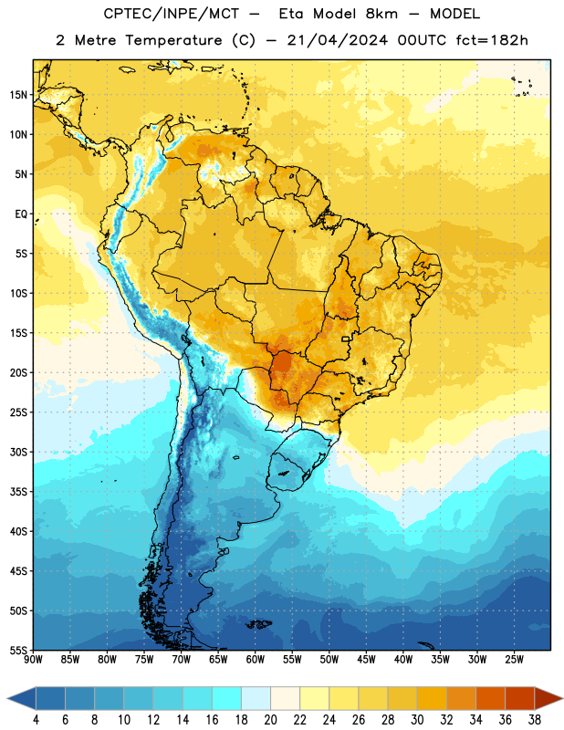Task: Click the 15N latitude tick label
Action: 18,95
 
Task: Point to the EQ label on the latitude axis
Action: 21,214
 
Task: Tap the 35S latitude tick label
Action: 19,492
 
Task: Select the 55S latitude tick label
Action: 19,651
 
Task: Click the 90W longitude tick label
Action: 34,660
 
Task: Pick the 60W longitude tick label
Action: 256,660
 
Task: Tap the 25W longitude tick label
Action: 514,660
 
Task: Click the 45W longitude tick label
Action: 366,660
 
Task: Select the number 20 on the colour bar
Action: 270,720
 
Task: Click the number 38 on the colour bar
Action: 535,720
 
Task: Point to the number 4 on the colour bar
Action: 36,720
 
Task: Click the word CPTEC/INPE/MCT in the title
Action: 172,14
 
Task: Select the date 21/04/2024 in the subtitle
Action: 337,40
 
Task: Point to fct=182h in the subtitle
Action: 492,40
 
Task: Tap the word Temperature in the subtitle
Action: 173,41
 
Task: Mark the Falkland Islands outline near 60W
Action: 258,624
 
